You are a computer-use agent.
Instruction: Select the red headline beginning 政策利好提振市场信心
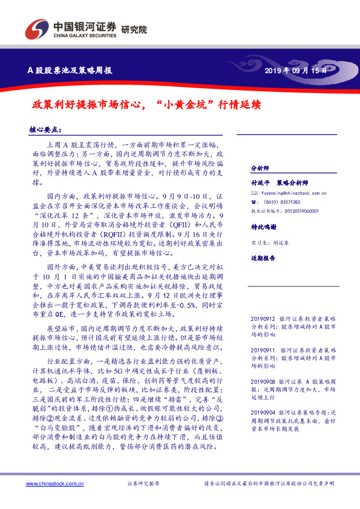[x=146, y=103]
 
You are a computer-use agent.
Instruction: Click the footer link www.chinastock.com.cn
[x=50, y=484]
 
